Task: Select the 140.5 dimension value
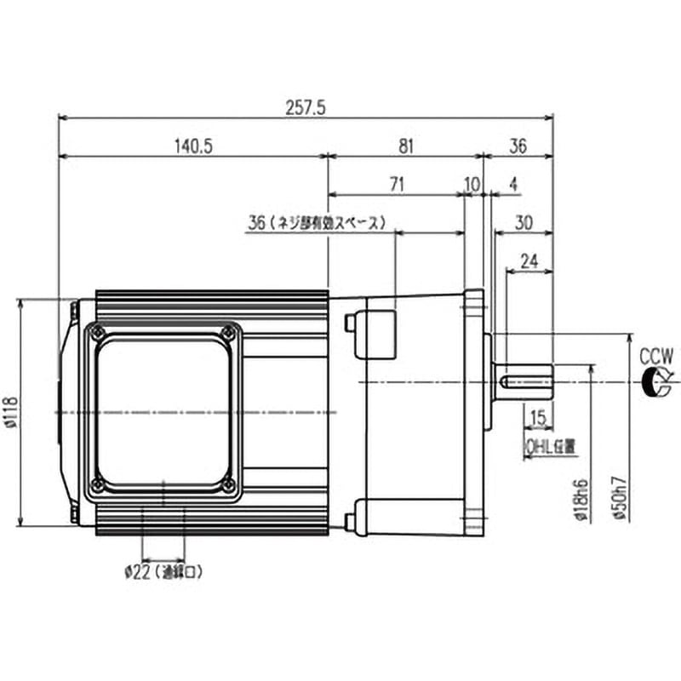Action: tap(194, 146)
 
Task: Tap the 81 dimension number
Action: tap(405, 146)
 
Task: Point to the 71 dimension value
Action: tap(398, 184)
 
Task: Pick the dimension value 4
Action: tap(513, 184)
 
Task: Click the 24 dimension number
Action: tap(529, 261)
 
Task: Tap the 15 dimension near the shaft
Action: tap(537, 418)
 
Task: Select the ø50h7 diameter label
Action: tap(622, 501)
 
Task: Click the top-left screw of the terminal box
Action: tap(99, 331)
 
